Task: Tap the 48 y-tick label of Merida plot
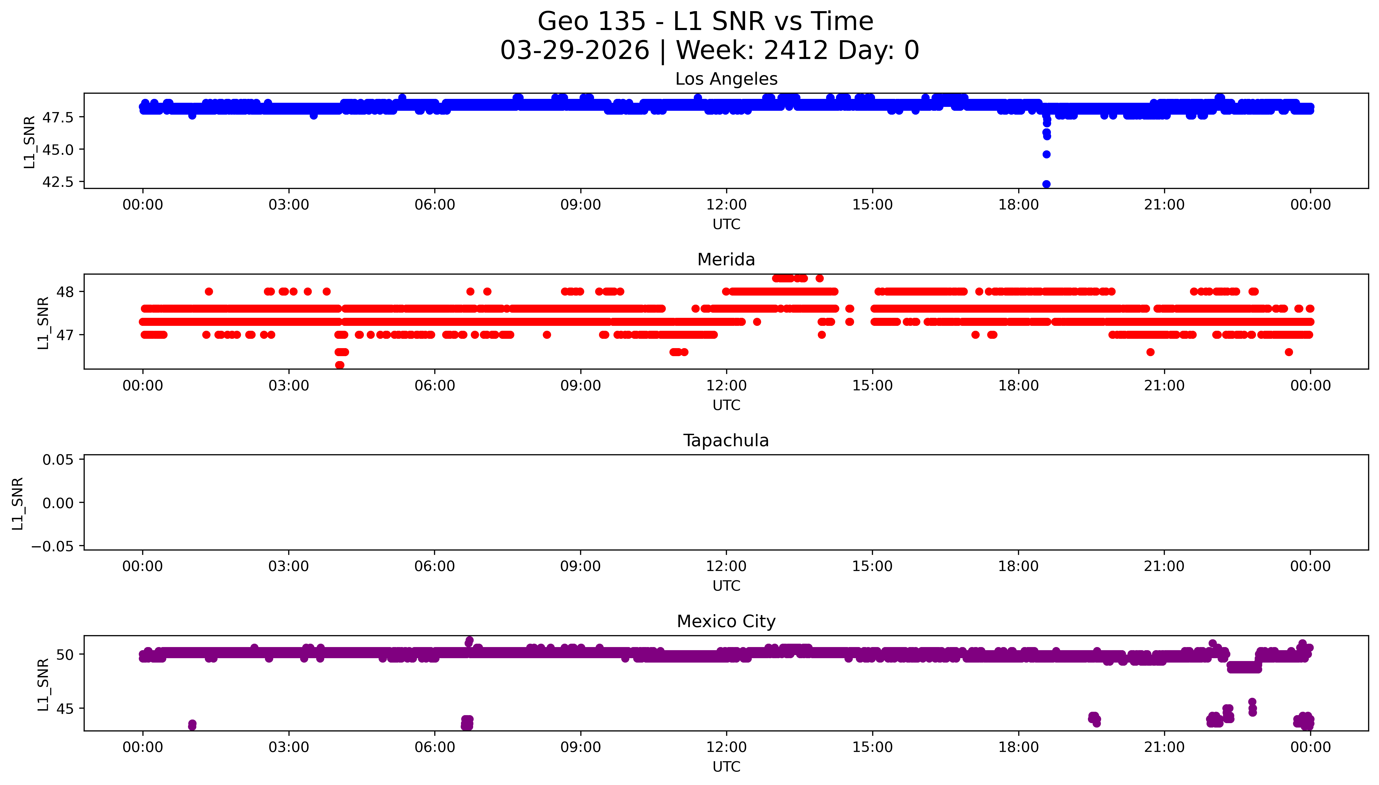coord(65,292)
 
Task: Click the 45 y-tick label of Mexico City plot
coord(65,708)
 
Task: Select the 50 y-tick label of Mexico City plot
coord(65,655)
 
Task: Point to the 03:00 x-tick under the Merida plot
coord(288,385)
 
